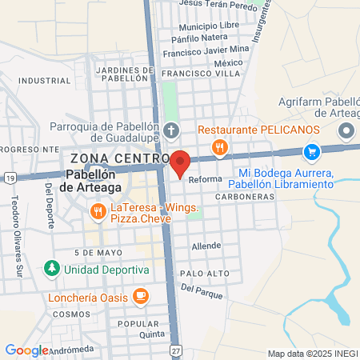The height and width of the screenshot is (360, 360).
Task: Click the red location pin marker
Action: click(180, 163)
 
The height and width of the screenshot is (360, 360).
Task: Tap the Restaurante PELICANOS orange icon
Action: click(218, 147)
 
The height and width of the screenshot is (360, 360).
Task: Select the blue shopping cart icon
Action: click(311, 150)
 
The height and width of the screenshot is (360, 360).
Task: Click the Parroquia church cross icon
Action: click(170, 130)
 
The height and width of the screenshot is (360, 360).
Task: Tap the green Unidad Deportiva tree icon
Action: click(52, 268)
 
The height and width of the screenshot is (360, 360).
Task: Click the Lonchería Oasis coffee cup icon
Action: click(141, 295)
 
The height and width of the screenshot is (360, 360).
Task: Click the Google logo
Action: click(26, 350)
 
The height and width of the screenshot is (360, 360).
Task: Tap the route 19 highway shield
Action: click(7, 177)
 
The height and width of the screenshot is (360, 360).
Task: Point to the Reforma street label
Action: click(205, 180)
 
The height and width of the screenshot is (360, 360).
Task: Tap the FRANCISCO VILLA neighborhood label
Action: click(190, 74)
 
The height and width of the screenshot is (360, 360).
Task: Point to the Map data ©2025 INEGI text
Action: click(312, 354)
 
